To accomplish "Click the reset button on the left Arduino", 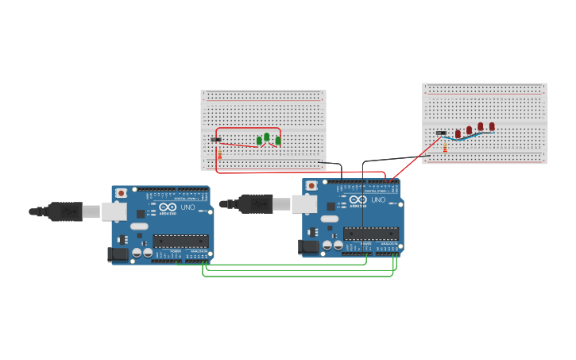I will pyautogui.click(x=121, y=193).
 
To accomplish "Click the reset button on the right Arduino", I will pyautogui.click(x=311, y=186).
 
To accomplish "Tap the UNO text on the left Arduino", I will pyautogui.click(x=188, y=207).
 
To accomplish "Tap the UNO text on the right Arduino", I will pyautogui.click(x=379, y=199).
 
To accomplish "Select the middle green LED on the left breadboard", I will pyautogui.click(x=267, y=137).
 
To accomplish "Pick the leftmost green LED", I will pyautogui.click(x=259, y=141).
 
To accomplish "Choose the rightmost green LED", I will pyautogui.click(x=278, y=141).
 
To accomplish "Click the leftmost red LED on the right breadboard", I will pyautogui.click(x=458, y=134).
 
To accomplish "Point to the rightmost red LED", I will pyautogui.click(x=492, y=126).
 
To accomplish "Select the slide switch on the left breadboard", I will pyautogui.click(x=216, y=140).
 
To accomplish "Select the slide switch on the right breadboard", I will pyautogui.click(x=441, y=133).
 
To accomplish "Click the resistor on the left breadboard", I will pyautogui.click(x=220, y=154).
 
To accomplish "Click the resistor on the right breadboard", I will pyautogui.click(x=445, y=148).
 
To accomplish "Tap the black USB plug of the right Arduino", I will pyautogui.click(x=256, y=204).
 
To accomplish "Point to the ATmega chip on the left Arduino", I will pyautogui.click(x=180, y=241).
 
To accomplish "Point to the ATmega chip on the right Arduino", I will pyautogui.click(x=371, y=234).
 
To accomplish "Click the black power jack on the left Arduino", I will pyautogui.click(x=118, y=254).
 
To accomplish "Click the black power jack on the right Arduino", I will pyautogui.click(x=308, y=247).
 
